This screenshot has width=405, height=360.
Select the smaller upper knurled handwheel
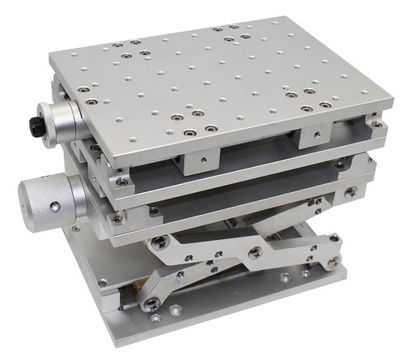coord(62,122)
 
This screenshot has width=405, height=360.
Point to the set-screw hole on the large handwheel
coord(53,208)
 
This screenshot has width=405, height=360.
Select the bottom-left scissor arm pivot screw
coord(151,302)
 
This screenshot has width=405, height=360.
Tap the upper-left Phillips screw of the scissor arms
coord(161,241)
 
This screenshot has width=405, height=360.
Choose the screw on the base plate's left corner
coord(102,283)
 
